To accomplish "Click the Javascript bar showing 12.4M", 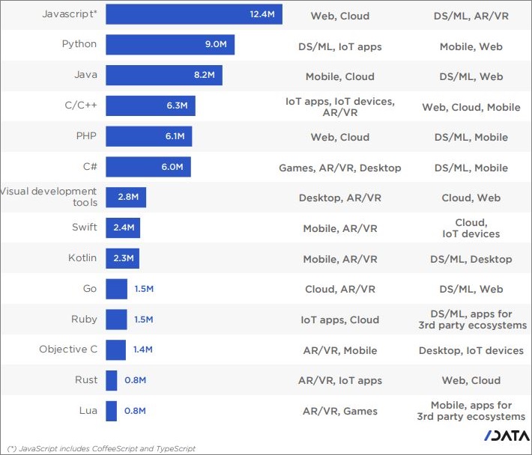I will tap(193, 14).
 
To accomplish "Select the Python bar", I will tap(169, 45).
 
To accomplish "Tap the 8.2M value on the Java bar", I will tap(204, 76).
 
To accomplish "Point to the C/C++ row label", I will tap(81, 106).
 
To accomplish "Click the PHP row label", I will tap(85, 136).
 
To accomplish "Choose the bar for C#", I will tap(148, 167).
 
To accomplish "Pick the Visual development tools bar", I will tap(125, 198).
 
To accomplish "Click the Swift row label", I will tap(85, 227).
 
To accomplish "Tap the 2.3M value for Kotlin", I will tap(123, 258).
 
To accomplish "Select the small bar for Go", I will tap(116, 289).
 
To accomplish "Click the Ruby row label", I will tap(84, 320).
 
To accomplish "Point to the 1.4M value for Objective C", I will tap(142, 349).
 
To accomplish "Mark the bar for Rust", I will tap(112, 380).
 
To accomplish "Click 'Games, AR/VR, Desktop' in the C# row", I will tap(339, 168).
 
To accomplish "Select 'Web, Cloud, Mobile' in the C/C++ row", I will tap(471, 107).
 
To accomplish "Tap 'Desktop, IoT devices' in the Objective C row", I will tap(471, 350).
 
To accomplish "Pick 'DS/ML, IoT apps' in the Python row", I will tap(339, 46).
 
